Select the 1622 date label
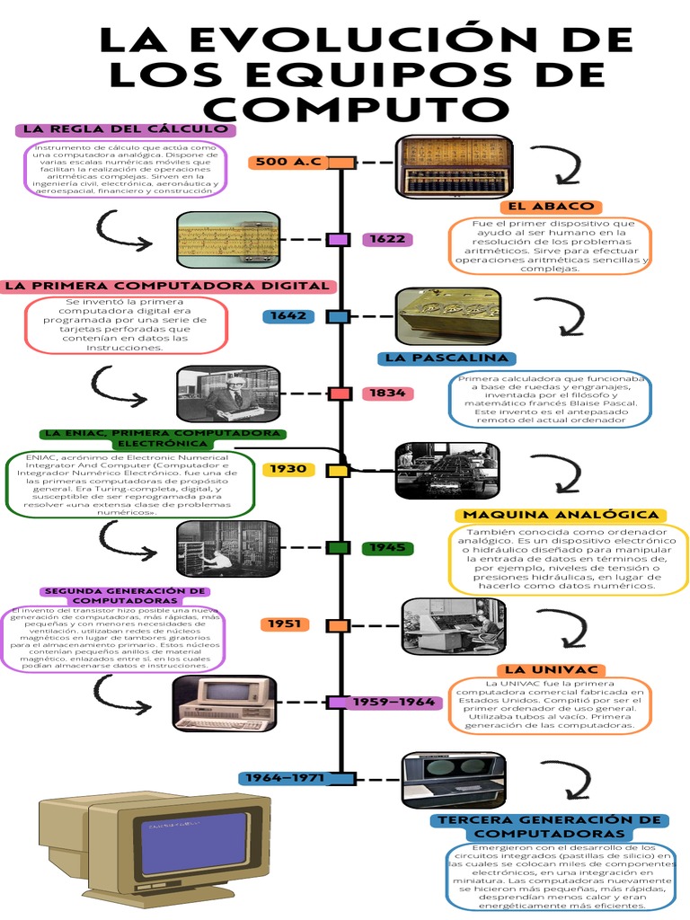click(388, 239)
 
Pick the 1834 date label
click(388, 393)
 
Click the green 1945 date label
click(388, 547)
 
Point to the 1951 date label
click(286, 624)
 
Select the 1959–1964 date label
click(394, 702)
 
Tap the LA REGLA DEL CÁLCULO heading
click(126, 129)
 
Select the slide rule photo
click(228, 240)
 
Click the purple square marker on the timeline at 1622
click(339, 239)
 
